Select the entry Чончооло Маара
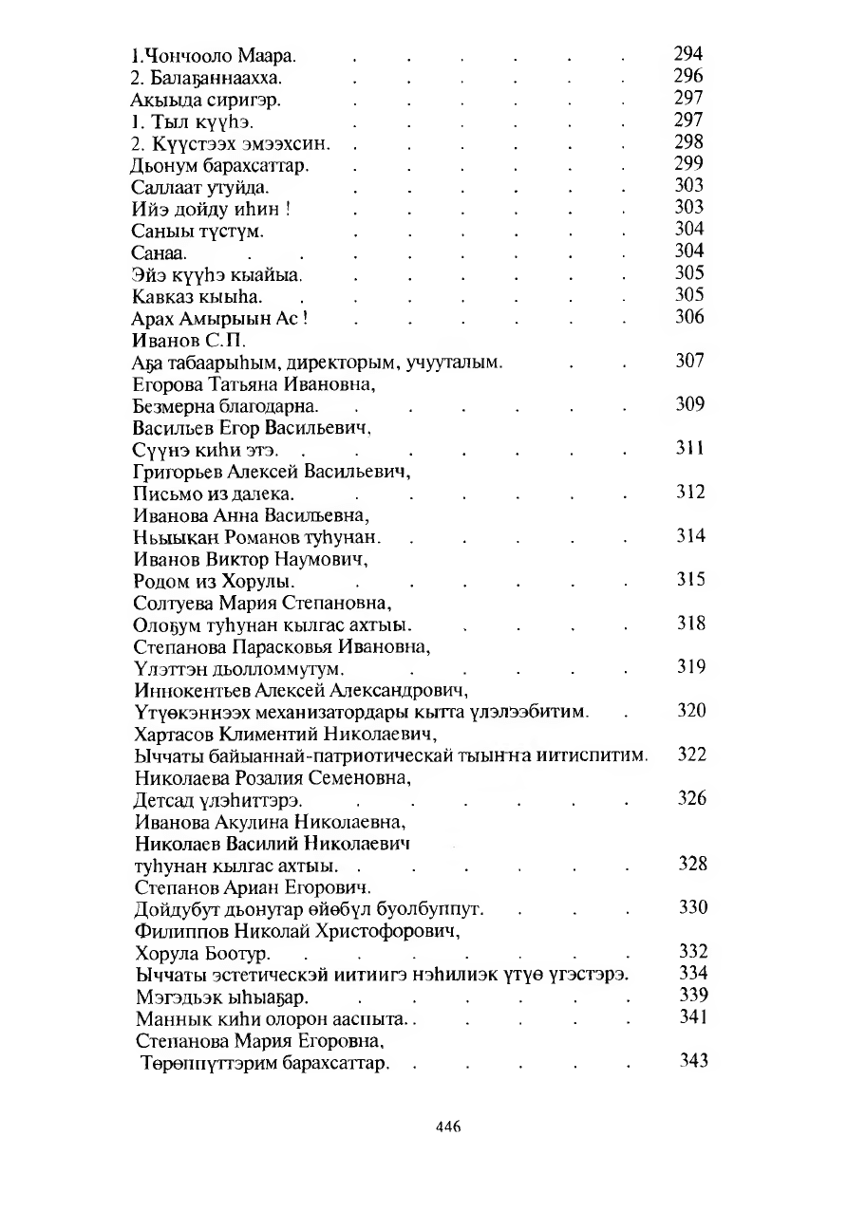click(189, 55)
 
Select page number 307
click(689, 361)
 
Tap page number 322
click(690, 755)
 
